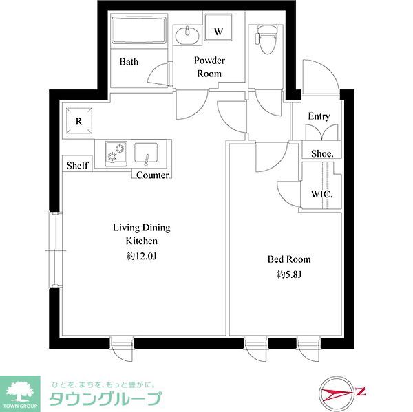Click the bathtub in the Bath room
(x=138, y=32)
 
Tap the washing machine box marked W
(x=218, y=32)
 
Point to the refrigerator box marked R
(x=79, y=122)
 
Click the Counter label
(x=153, y=175)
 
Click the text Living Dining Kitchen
(x=142, y=234)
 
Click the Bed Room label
(x=289, y=259)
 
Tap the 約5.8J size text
(x=289, y=274)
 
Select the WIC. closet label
(x=322, y=194)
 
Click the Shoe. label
(x=322, y=153)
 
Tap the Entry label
(x=319, y=116)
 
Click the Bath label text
(x=129, y=61)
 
